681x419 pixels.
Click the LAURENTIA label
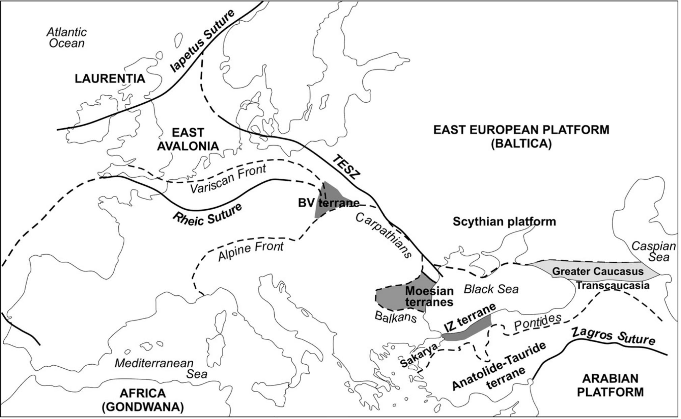tap(110, 79)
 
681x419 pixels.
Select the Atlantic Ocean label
tap(66, 37)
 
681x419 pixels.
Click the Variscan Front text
tap(228, 179)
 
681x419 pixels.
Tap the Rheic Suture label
tap(207, 215)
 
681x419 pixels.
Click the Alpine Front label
tap(251, 252)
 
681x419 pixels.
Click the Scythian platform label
tap(504, 222)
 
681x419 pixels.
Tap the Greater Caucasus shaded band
tap(597, 271)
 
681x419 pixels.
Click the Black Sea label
tap(491, 289)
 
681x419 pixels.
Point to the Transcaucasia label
tap(612, 286)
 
